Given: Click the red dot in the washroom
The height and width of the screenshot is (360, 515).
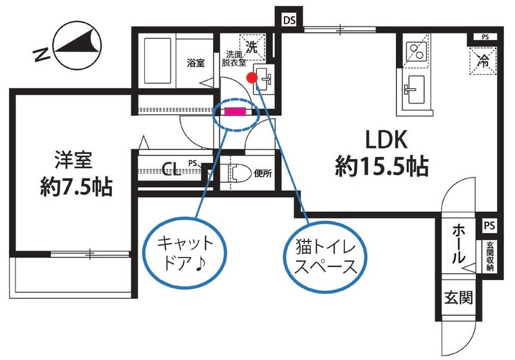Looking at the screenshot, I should click(252, 77).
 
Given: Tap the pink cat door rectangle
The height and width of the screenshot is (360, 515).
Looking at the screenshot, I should click(235, 111).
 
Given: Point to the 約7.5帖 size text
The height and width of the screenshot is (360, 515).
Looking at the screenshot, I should click(75, 187).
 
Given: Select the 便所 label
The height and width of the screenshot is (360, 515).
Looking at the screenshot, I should click(262, 173).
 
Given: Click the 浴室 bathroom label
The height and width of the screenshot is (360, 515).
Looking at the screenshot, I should click(196, 63).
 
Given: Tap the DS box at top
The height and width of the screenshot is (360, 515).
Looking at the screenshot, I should click(289, 20).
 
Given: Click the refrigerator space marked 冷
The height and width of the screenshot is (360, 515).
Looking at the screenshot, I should click(483, 61).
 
